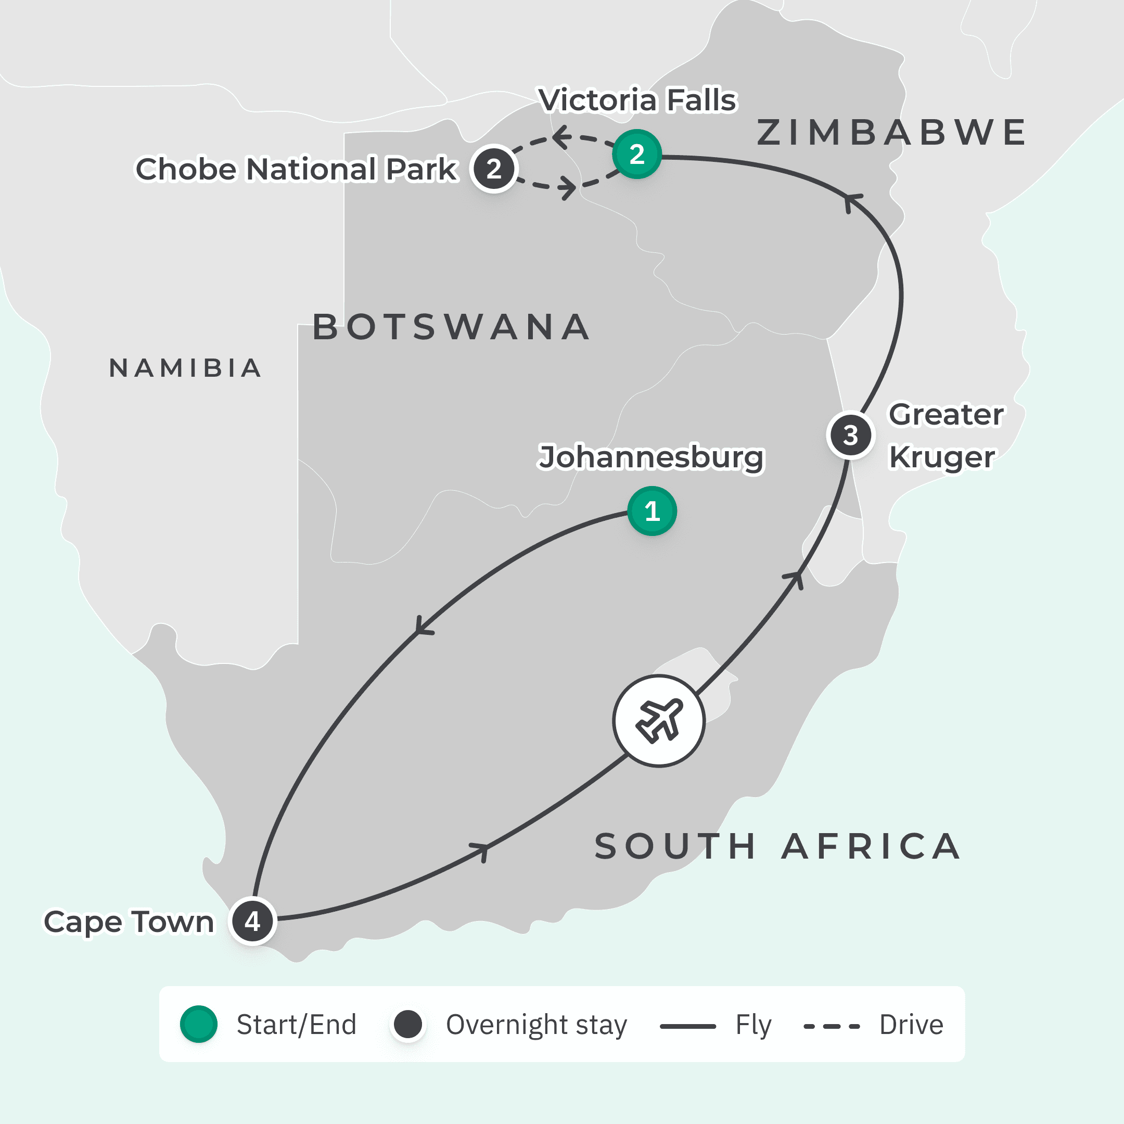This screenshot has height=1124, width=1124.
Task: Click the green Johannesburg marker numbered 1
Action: click(652, 512)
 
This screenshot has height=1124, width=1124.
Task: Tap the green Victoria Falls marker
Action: click(637, 154)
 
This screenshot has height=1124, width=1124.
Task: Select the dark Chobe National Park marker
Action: click(494, 169)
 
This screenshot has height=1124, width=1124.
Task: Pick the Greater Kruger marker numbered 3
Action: click(850, 435)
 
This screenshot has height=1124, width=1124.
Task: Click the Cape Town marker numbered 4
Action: click(252, 921)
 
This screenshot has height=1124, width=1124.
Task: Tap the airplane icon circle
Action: click(659, 721)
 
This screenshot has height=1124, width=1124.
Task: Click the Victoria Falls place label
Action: click(637, 100)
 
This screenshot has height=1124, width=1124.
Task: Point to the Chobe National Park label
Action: click(296, 169)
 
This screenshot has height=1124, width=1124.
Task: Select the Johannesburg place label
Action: click(650, 457)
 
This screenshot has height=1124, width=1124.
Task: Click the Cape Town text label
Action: click(129, 922)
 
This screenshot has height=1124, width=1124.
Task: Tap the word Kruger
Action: click(942, 457)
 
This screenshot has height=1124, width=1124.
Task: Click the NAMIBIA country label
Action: click(186, 368)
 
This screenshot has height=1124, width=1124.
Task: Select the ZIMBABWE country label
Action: click(891, 133)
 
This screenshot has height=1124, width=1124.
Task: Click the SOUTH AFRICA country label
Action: click(777, 846)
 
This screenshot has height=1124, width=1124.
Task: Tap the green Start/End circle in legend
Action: click(198, 1024)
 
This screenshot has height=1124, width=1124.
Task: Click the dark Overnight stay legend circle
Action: click(408, 1024)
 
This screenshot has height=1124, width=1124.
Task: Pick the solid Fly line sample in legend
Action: click(687, 1026)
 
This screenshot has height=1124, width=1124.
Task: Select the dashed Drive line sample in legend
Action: click(832, 1026)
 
